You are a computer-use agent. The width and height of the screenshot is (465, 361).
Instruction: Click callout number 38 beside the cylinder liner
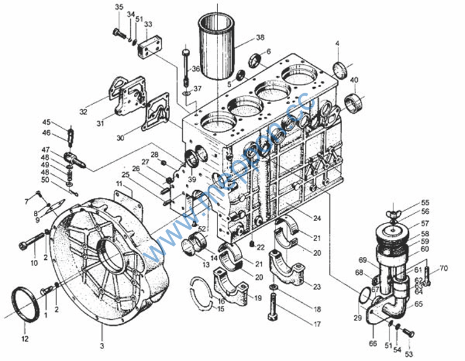[260, 38]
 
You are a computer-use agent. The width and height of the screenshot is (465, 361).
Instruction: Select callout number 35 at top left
[119, 7]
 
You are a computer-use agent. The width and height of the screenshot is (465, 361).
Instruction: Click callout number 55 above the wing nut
[425, 202]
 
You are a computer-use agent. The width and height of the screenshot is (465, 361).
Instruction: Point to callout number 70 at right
[443, 268]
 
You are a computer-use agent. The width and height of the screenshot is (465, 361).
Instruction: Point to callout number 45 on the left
[47, 122]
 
